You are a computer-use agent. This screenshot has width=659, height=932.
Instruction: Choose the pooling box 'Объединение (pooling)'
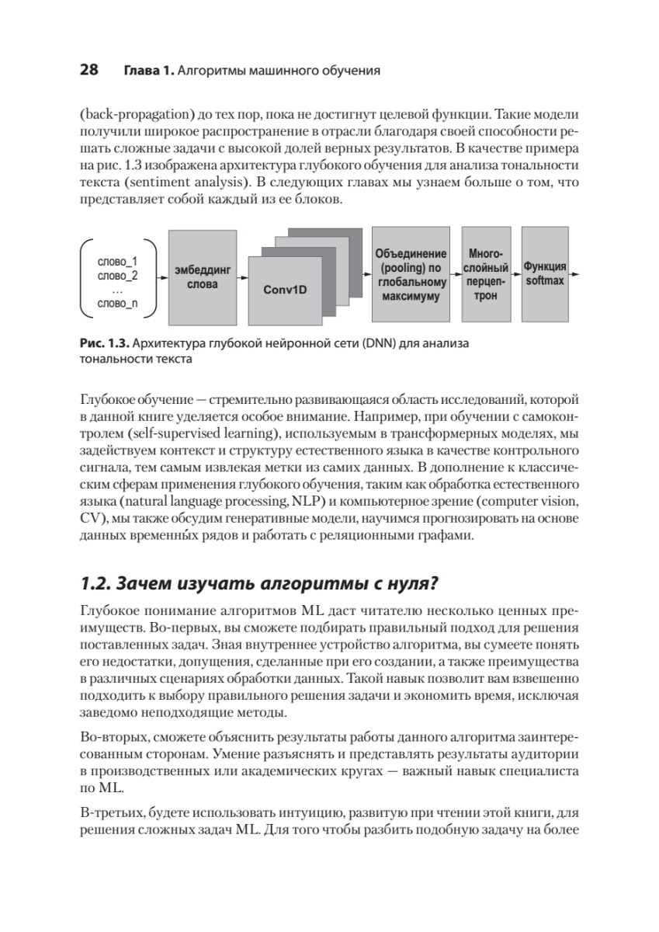click(411, 275)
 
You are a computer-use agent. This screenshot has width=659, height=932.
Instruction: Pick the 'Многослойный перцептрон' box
click(487, 275)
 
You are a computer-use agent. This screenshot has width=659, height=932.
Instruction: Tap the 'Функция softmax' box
click(545, 273)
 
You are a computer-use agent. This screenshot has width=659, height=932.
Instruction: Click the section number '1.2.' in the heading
click(96, 582)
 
